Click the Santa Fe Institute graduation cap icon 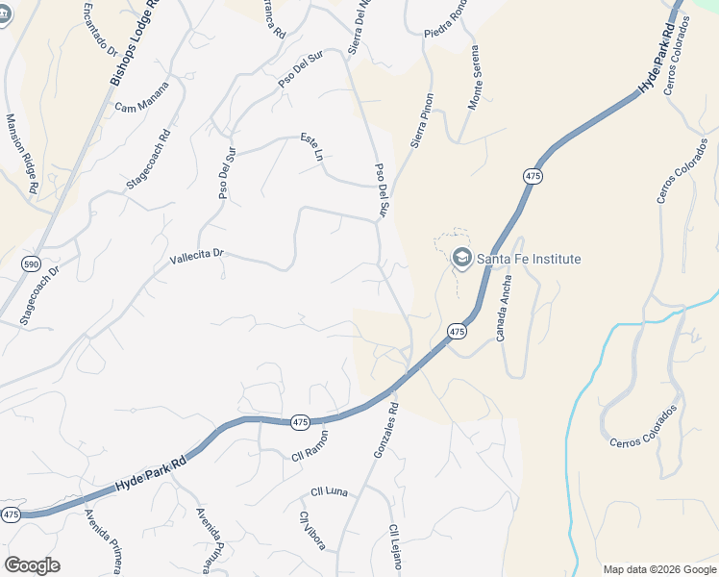(x=462, y=259)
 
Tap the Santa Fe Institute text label (x=530, y=259)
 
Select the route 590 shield (x=31, y=263)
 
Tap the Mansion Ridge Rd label (x=22, y=153)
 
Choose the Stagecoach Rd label (x=148, y=159)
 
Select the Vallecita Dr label (x=196, y=257)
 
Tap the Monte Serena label (x=474, y=78)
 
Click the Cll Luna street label (x=329, y=491)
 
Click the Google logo (x=32, y=565)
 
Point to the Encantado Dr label (x=98, y=31)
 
